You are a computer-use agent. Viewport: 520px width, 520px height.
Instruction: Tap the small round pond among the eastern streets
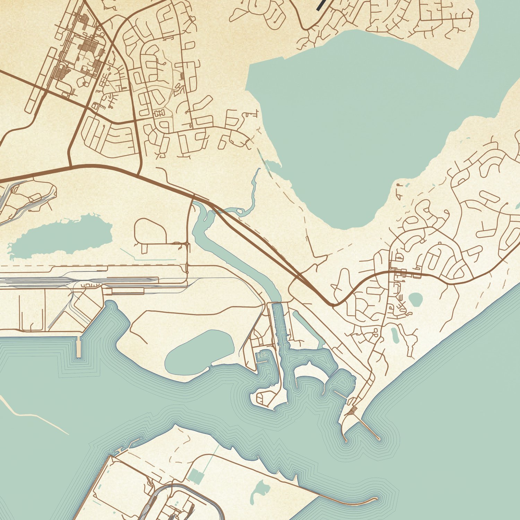415,299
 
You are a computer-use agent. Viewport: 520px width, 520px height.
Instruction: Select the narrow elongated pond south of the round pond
395,335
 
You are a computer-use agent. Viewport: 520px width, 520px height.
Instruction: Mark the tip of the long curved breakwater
375,499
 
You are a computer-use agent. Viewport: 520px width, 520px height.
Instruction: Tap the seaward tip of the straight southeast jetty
379,439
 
